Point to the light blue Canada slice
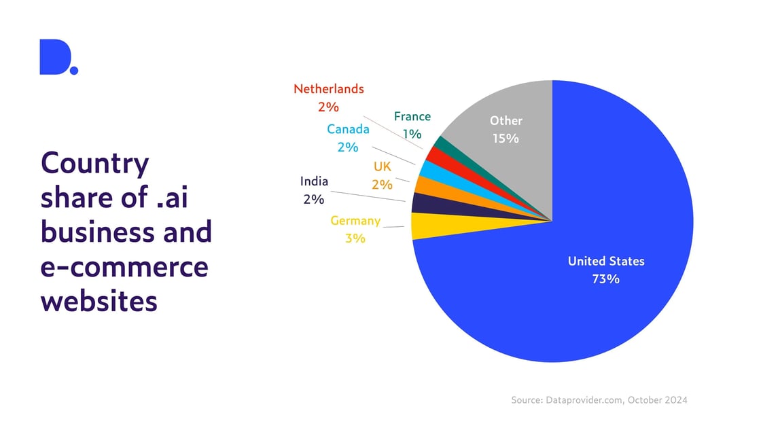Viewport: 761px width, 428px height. tap(429, 169)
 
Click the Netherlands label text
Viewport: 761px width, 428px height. tap(329, 89)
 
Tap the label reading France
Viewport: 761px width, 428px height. tap(412, 116)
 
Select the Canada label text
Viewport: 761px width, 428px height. tap(348, 129)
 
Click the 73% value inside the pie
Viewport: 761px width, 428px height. tap(606, 279)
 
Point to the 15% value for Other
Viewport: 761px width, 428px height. tap(506, 139)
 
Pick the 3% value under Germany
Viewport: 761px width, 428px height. tap(355, 238)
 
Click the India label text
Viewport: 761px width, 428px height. tap(314, 181)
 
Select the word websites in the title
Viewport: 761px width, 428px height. tap(99, 300)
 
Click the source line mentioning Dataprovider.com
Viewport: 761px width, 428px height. tap(599, 400)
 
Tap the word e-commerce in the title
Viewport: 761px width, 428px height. tap(124, 266)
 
